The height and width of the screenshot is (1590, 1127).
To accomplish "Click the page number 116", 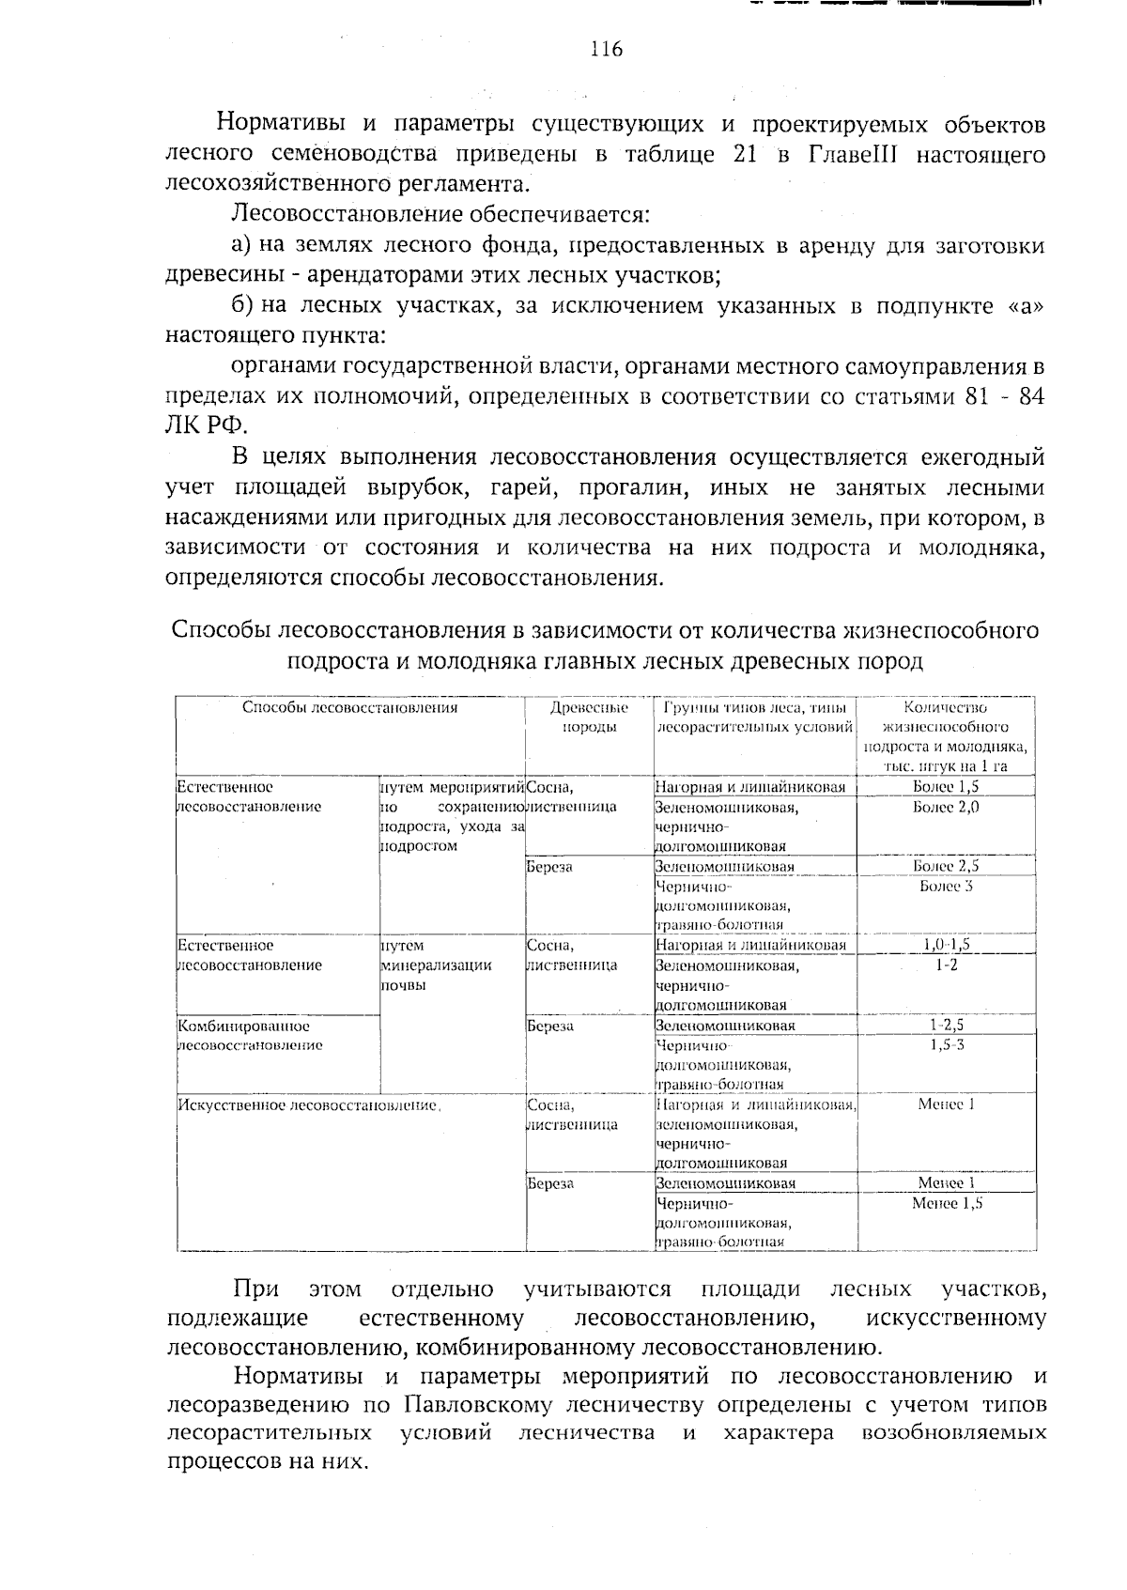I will coord(606,49).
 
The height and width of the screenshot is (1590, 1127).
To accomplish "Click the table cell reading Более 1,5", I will coord(946,787).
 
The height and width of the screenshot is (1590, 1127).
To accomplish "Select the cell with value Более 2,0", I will coord(946,807).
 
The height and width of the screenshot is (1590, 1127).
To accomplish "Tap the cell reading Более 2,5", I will coord(946,866).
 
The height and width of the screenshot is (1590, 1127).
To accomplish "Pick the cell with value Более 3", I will coord(946,886).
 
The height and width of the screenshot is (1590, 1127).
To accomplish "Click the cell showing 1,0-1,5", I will coord(946,945).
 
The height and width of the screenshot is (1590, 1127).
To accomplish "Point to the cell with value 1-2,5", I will coord(946,1025).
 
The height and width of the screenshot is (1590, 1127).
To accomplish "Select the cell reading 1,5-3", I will coord(946,1044).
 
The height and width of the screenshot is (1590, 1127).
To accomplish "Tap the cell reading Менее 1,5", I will coord(946,1203).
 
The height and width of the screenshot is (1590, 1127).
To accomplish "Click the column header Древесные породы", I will coord(589,717).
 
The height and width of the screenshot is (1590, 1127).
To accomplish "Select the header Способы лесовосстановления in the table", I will coord(349,707).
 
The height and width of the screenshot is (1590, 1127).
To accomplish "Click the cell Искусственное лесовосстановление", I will coord(309,1105).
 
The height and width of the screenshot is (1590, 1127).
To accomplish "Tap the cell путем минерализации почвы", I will coord(436,965).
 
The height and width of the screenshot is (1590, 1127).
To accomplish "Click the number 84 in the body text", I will coord(1030,395).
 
